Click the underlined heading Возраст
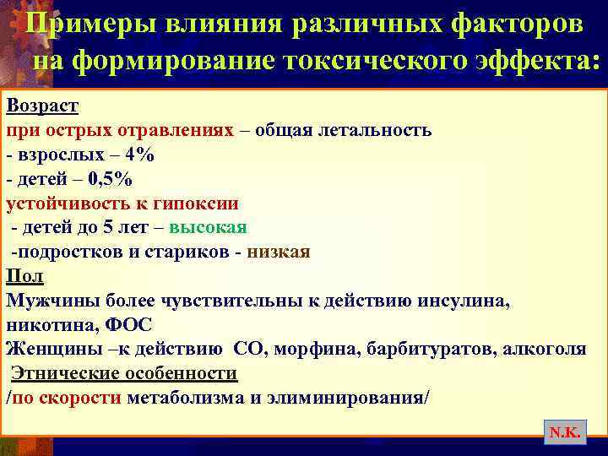(x=42, y=106)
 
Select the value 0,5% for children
(x=110, y=179)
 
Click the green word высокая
(x=208, y=228)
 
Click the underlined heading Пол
(x=24, y=276)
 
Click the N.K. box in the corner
(x=563, y=432)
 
